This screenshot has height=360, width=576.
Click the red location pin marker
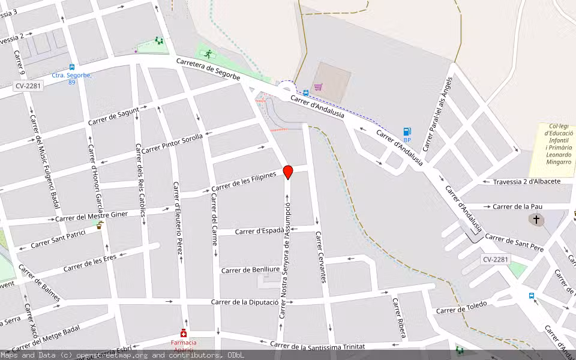(x=288, y=172)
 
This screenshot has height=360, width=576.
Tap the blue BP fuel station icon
(x=407, y=131)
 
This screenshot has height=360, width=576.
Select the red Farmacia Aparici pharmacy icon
(x=183, y=334)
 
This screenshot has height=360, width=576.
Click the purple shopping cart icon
(x=318, y=86)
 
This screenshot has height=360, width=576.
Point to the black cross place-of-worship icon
(x=536, y=220)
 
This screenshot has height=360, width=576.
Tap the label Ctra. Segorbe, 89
(x=64, y=79)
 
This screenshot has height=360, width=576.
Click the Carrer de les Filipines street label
(x=244, y=182)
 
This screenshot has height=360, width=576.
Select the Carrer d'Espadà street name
(x=259, y=230)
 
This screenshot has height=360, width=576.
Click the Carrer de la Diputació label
(x=245, y=302)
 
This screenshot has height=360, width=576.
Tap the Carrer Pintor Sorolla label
(x=172, y=143)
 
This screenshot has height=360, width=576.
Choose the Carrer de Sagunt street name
(x=113, y=116)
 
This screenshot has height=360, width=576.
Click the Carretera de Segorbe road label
(x=208, y=69)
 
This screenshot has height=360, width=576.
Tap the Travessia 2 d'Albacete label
(x=526, y=181)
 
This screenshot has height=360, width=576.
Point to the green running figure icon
(x=208, y=54)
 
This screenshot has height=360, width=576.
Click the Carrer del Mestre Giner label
(x=91, y=217)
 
